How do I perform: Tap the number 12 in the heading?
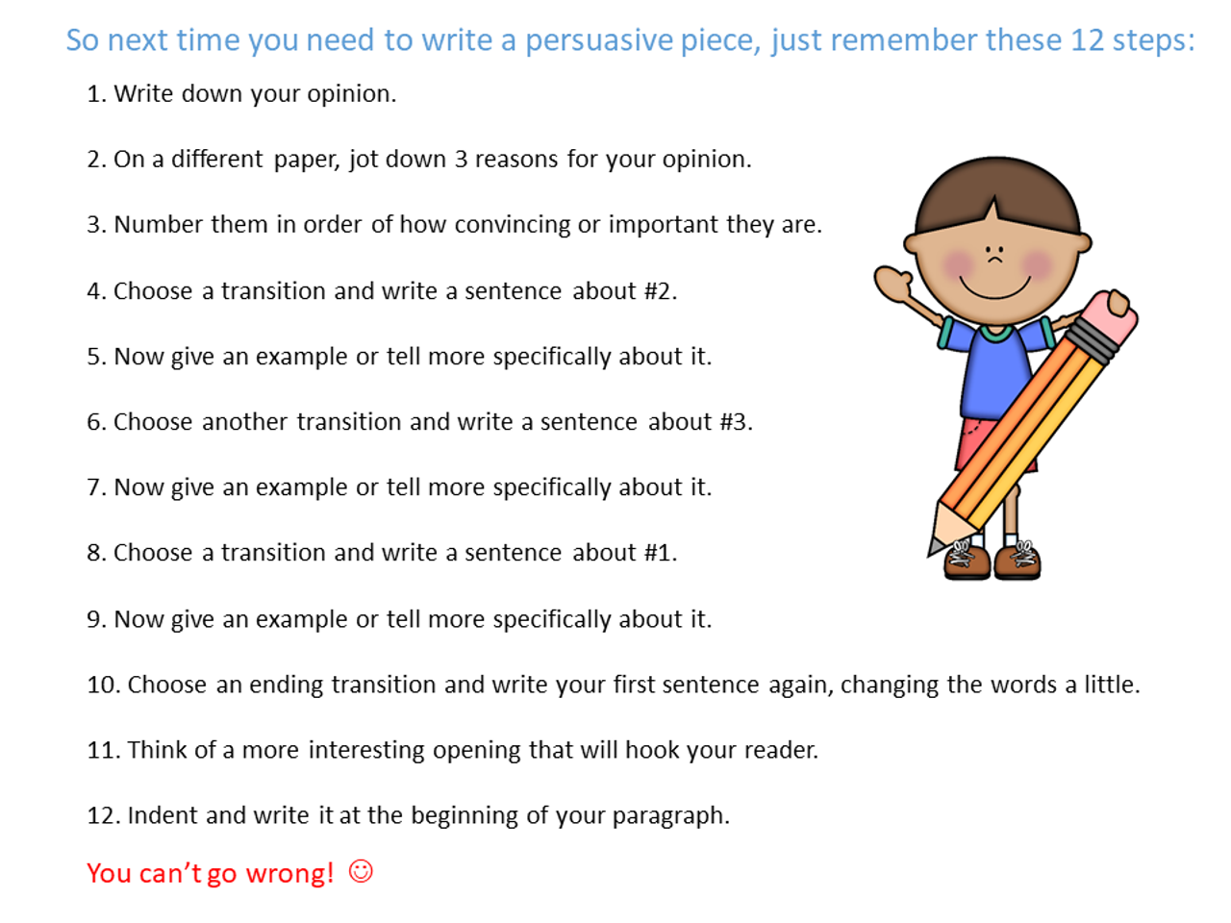point(1087,40)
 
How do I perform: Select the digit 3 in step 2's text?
point(461,159)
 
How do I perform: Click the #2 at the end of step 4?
point(658,291)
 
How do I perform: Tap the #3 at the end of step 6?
point(734,422)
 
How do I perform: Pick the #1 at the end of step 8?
point(658,553)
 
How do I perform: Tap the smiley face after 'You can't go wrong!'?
point(361,871)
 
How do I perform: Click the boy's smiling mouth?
point(995,288)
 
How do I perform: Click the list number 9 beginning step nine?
point(94,619)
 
